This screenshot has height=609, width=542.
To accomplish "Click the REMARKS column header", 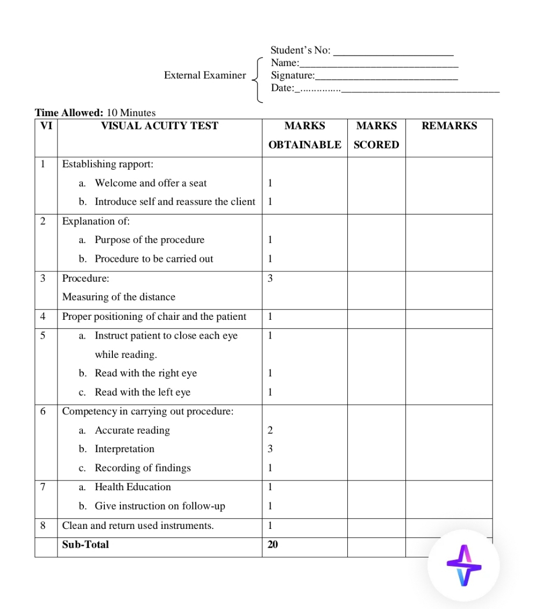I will pyautogui.click(x=449, y=126).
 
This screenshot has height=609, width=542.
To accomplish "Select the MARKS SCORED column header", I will pyautogui.click(x=376, y=135).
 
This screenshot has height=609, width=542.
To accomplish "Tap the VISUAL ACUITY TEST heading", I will pyautogui.click(x=160, y=126).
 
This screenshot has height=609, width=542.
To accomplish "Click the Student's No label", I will pyautogui.click(x=300, y=51).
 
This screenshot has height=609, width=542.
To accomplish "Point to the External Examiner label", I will pyautogui.click(x=205, y=75).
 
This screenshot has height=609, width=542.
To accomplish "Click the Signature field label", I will pyautogui.click(x=293, y=75).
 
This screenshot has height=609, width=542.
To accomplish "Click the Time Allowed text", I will pyautogui.click(x=95, y=113).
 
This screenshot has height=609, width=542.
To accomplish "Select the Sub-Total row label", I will pyautogui.click(x=85, y=544).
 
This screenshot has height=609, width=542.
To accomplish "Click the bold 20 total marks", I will pyautogui.click(x=273, y=544).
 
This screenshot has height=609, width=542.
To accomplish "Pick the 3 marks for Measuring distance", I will pyautogui.click(x=270, y=278).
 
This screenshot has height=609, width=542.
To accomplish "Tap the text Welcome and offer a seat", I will pyautogui.click(x=151, y=183).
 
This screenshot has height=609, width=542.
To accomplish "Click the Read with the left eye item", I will pyautogui.click(x=142, y=392).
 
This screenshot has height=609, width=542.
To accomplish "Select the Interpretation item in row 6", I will pyautogui.click(x=124, y=449).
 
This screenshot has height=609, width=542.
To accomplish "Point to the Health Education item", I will pyautogui.click(x=133, y=487).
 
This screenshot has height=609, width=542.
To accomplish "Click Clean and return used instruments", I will pyautogui.click(x=138, y=525).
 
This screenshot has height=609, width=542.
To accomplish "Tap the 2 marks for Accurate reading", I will pyautogui.click(x=270, y=430).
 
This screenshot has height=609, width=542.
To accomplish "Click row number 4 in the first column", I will pyautogui.click(x=42, y=317).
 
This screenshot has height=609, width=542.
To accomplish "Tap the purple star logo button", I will pyautogui.click(x=464, y=565).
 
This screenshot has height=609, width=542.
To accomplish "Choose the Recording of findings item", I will pyautogui.click(x=142, y=468).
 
